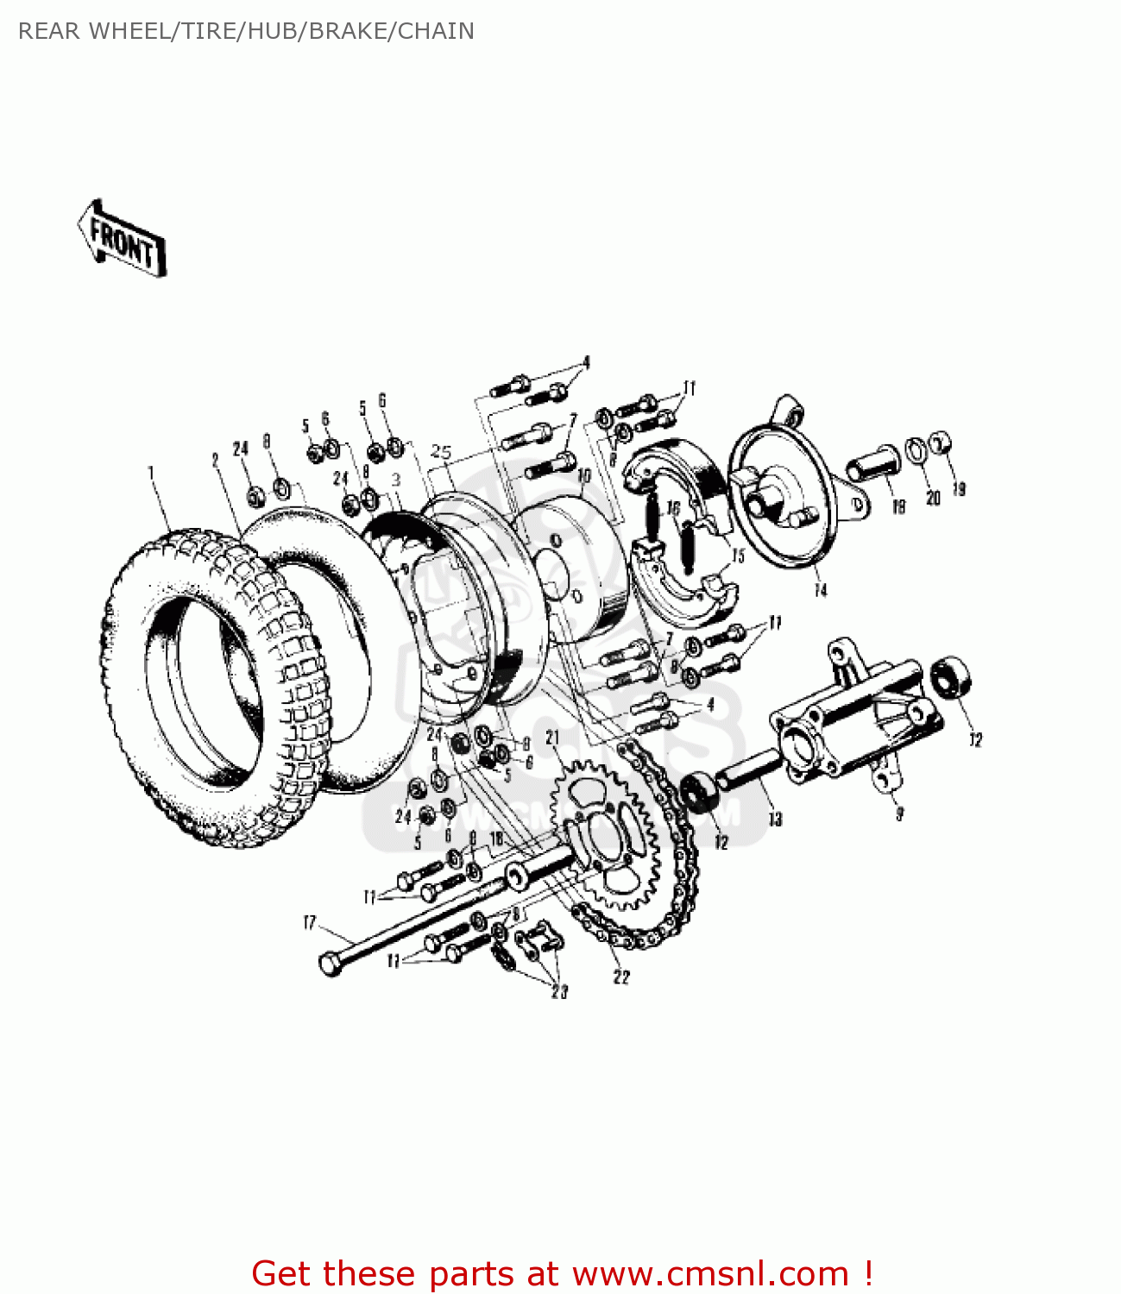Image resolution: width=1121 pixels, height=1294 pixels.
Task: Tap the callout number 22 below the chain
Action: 621,977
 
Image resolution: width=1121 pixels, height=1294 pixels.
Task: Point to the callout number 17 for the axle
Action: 310,923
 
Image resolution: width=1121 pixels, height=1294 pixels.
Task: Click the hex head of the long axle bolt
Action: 331,964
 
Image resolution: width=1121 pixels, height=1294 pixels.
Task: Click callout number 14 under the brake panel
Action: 820,591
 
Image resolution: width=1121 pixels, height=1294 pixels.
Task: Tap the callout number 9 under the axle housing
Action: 899,813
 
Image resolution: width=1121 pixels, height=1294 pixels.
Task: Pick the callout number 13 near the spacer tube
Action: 775,819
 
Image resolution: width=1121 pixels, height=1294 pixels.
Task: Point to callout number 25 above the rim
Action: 441,451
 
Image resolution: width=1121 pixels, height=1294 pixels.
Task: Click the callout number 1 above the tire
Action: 151,473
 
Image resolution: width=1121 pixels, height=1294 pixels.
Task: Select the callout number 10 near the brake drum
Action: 584,475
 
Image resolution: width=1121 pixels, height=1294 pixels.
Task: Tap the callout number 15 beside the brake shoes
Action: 738,556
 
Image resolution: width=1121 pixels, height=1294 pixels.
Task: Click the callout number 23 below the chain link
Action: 559,992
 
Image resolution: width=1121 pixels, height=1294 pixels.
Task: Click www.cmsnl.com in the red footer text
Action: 710,1273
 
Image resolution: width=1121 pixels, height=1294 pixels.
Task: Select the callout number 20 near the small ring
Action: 932,498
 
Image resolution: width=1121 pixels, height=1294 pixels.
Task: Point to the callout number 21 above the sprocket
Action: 552,738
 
